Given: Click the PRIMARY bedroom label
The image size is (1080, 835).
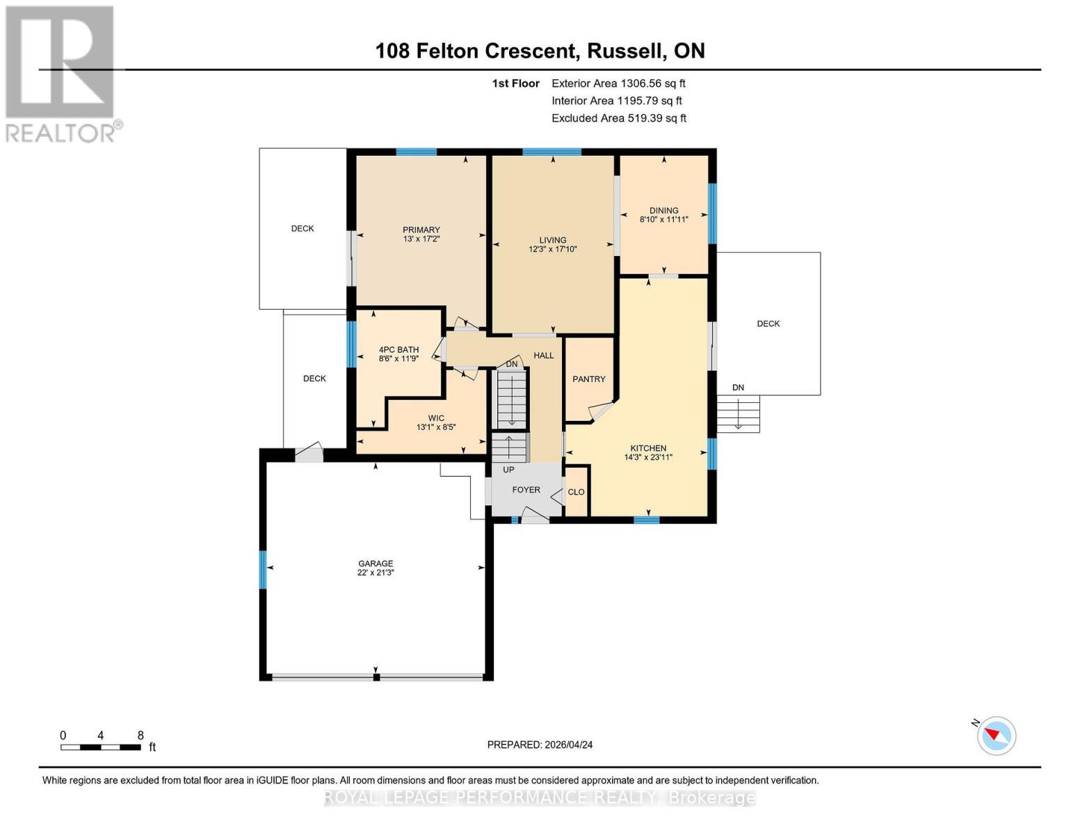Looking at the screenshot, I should coord(421,230).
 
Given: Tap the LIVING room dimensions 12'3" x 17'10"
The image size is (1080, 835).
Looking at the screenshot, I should coord(552,249).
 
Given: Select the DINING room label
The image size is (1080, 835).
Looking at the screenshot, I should coord(663,210).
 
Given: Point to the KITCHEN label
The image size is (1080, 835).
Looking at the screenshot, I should coord(648,448).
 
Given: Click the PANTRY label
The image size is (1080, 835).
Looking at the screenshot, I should coord(588,379).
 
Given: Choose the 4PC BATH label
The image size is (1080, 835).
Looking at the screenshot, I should coord(398,350).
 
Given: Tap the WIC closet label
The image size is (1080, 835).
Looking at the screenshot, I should coord(436,418).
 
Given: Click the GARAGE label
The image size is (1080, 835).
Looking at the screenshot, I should coord(376,564).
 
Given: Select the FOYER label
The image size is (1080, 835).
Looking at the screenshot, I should coord(526,490).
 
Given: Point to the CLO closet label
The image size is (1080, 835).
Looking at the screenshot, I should coord(576,492).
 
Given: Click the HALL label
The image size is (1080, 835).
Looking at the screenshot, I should coord(543,356).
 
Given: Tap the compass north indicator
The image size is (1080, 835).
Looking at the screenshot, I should coord(996,735).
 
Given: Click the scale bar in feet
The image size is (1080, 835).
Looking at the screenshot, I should coord(101,747).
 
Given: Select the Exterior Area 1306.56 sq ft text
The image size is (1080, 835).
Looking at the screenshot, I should coord(618,83).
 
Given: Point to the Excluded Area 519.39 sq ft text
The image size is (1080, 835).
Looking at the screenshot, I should coord(618,118).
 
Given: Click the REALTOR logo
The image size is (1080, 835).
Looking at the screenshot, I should coord(61,74).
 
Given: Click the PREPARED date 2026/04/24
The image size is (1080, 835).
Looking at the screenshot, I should coord(540,745).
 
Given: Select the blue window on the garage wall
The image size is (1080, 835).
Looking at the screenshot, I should coord(263,569).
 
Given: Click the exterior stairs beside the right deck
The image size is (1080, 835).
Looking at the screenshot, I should coord(738,414).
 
